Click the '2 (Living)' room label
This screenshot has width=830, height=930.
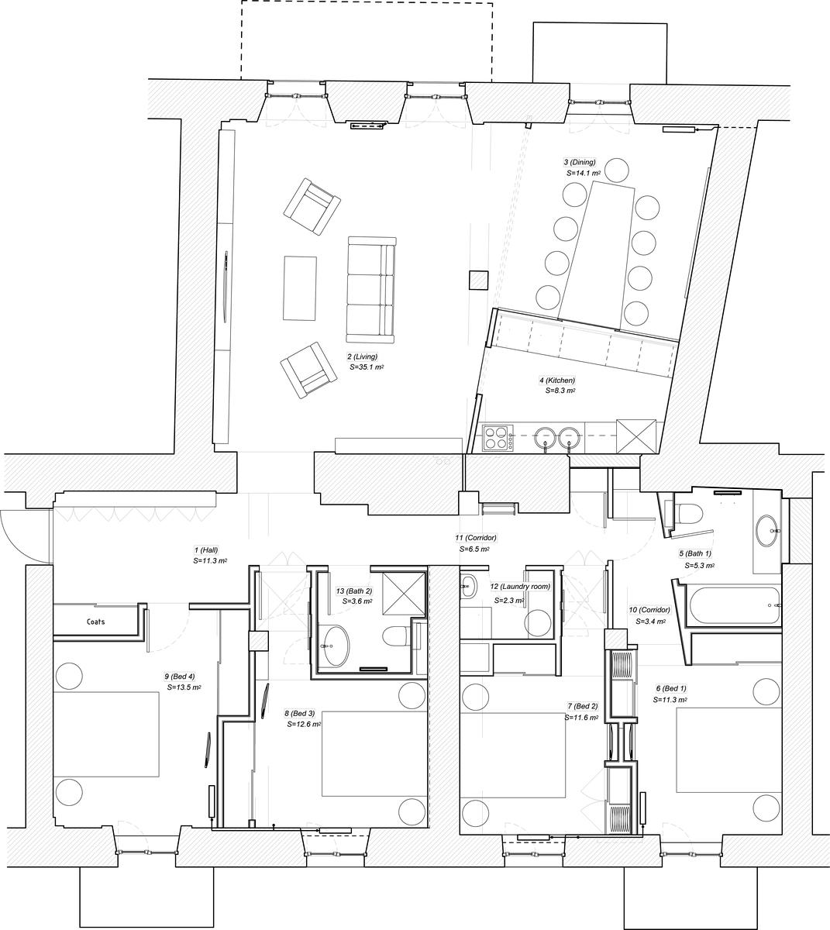click(362, 356)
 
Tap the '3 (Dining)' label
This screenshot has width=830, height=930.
click(580, 162)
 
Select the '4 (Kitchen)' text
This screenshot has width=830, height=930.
click(557, 381)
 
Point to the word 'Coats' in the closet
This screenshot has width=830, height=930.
click(95, 622)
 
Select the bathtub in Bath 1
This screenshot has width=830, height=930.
click(732, 604)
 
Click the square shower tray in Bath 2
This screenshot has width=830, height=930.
click(404, 593)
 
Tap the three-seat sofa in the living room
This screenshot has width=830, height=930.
click(371, 290)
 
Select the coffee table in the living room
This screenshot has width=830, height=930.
click(300, 288)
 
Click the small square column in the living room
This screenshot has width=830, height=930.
click(478, 280)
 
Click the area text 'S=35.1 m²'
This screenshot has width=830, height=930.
click(367, 367)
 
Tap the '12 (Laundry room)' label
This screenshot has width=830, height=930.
click(520, 586)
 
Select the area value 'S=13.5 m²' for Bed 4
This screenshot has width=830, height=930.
click(184, 687)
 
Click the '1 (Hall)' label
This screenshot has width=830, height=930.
click(206, 549)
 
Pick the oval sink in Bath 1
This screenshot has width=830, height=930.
click(766, 531)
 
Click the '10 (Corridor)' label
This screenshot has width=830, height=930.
click(649, 610)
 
